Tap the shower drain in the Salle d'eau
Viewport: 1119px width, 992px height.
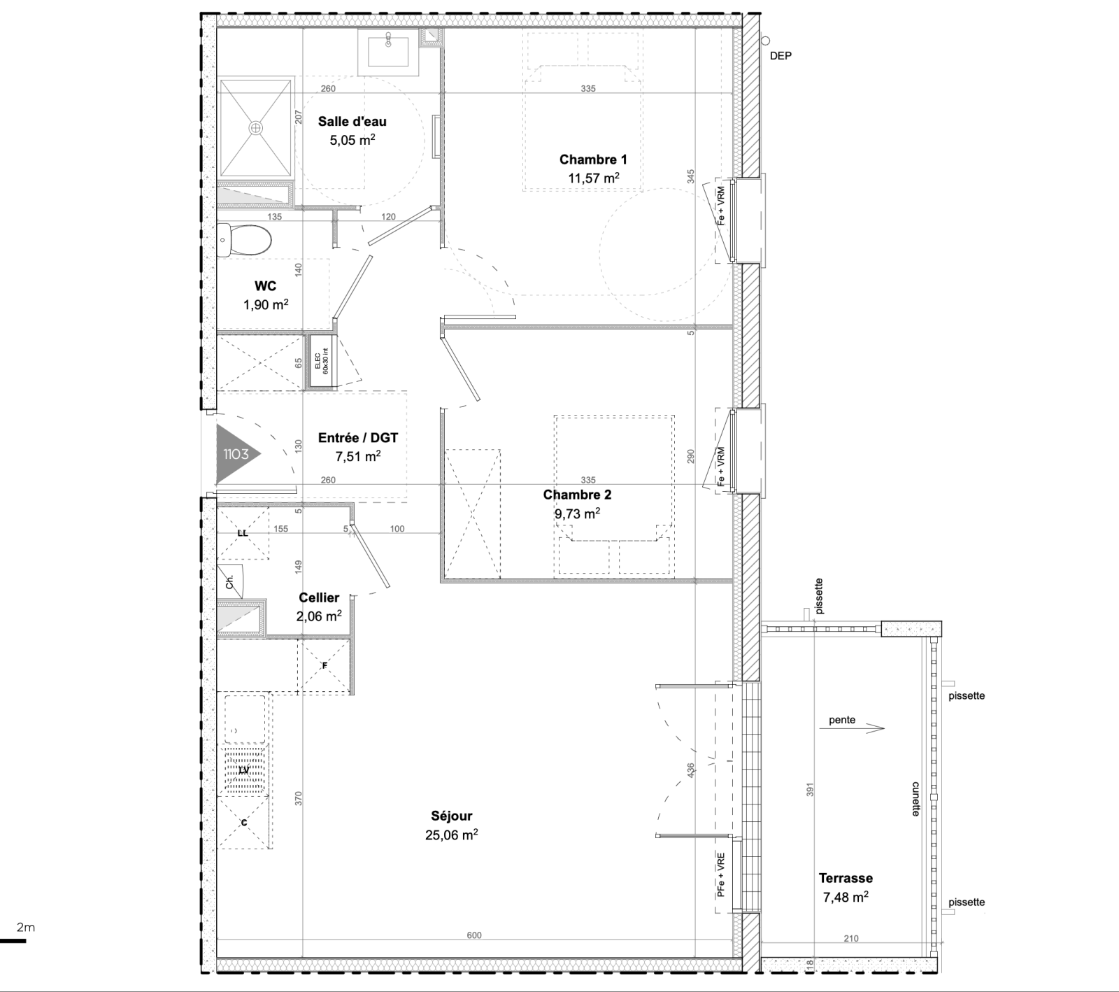[255, 128]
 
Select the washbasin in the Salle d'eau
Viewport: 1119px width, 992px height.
[388, 52]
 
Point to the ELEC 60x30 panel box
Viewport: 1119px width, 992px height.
[322, 361]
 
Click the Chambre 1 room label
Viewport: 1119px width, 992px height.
[593, 160]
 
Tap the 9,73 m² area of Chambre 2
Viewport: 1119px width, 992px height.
[577, 513]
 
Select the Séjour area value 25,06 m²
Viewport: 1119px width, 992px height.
[452, 835]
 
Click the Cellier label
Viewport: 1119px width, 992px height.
[319, 597]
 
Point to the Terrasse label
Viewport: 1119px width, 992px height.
[846, 878]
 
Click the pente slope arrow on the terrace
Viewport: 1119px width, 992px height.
[867, 728]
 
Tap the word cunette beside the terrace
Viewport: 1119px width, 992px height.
[915, 799]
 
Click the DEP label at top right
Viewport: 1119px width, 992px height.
[781, 56]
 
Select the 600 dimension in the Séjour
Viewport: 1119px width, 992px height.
[474, 935]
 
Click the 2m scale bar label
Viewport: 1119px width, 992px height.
[26, 928]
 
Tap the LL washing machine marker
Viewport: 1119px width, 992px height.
[243, 533]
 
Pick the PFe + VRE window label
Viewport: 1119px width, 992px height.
[720, 874]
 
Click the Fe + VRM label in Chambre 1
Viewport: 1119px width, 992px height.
[720, 207]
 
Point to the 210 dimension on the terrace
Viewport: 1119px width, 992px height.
[850, 939]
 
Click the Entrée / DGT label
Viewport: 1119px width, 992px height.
[358, 438]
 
